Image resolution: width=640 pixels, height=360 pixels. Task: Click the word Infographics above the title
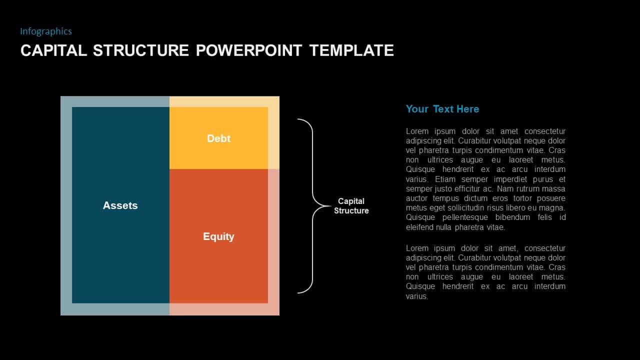[46, 31]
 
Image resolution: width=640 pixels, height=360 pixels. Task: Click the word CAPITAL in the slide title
[53, 50]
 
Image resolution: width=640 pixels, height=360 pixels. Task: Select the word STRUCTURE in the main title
[141, 50]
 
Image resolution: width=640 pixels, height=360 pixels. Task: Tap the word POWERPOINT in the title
[249, 50]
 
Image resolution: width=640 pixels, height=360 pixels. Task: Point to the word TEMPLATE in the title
[351, 50]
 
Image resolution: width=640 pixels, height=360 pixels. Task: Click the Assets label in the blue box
[120, 205]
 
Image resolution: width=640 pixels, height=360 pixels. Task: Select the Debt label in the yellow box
[218, 138]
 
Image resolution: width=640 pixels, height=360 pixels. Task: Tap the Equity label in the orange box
[218, 236]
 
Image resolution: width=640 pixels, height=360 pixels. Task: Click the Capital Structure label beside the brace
[351, 206]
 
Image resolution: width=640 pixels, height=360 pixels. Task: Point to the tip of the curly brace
[330, 206]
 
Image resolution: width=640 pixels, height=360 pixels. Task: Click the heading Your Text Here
[442, 109]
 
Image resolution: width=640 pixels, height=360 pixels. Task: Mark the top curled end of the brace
[298, 119]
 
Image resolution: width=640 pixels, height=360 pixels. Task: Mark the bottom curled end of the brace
[298, 292]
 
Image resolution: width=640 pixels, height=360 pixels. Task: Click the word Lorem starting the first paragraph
[417, 131]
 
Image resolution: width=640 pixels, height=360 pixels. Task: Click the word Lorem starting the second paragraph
[417, 248]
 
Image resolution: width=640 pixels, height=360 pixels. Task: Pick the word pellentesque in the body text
[465, 217]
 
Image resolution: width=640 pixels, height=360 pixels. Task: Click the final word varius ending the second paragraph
[417, 296]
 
